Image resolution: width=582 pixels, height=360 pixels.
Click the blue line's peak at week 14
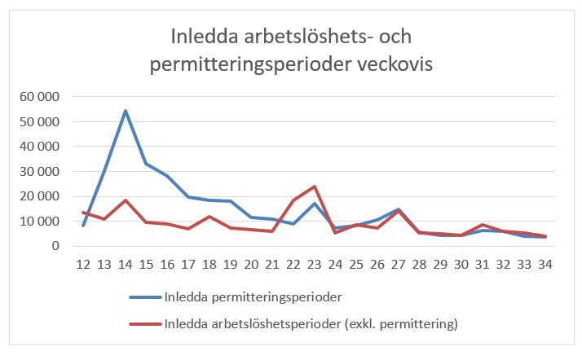tap(126, 110)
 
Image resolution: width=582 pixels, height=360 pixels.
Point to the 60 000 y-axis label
tap(39, 97)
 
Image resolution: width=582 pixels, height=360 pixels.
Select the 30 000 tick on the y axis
tap(39, 172)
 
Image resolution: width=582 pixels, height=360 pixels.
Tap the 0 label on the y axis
tap(56, 246)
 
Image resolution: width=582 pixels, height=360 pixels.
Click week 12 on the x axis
tap(83, 265)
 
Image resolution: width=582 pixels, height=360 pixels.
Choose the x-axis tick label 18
tap(209, 265)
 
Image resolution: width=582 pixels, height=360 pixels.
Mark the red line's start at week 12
tap(83, 212)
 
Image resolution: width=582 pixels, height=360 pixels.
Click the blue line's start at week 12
tap(83, 225)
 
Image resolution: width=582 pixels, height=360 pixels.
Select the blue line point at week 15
tap(146, 164)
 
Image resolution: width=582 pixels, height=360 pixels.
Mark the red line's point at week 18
tap(209, 217)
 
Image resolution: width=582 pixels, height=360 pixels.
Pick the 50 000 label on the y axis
tap(39, 122)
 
